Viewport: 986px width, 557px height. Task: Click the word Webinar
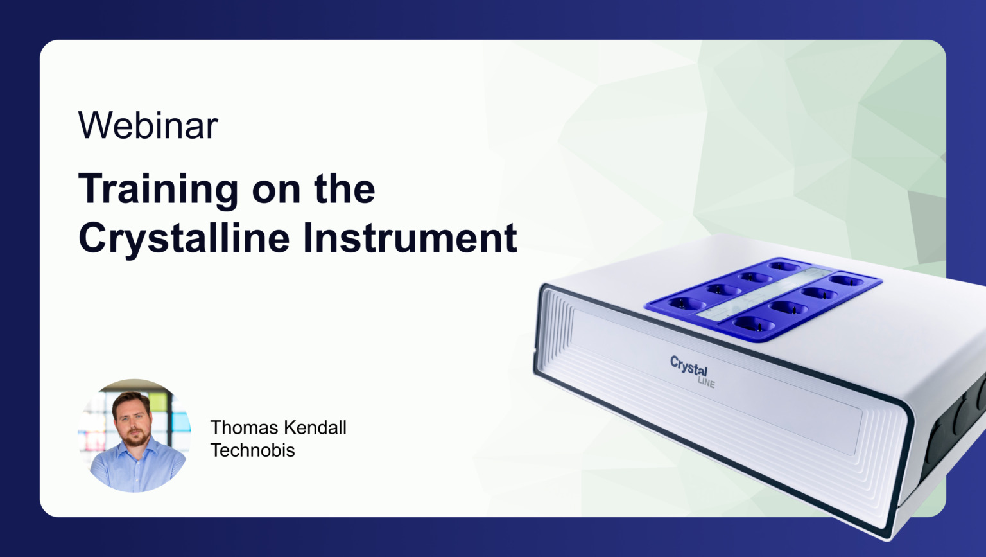click(x=148, y=125)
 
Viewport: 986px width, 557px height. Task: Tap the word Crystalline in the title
click(x=184, y=238)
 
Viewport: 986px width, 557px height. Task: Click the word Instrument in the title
click(x=410, y=238)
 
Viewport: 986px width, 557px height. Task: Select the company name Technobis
click(x=252, y=450)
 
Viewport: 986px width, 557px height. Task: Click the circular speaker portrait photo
click(x=134, y=436)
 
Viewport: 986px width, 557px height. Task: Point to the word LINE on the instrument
click(x=705, y=383)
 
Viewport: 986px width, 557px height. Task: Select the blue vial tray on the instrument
click(x=764, y=298)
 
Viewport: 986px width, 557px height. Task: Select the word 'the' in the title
click(x=344, y=190)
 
